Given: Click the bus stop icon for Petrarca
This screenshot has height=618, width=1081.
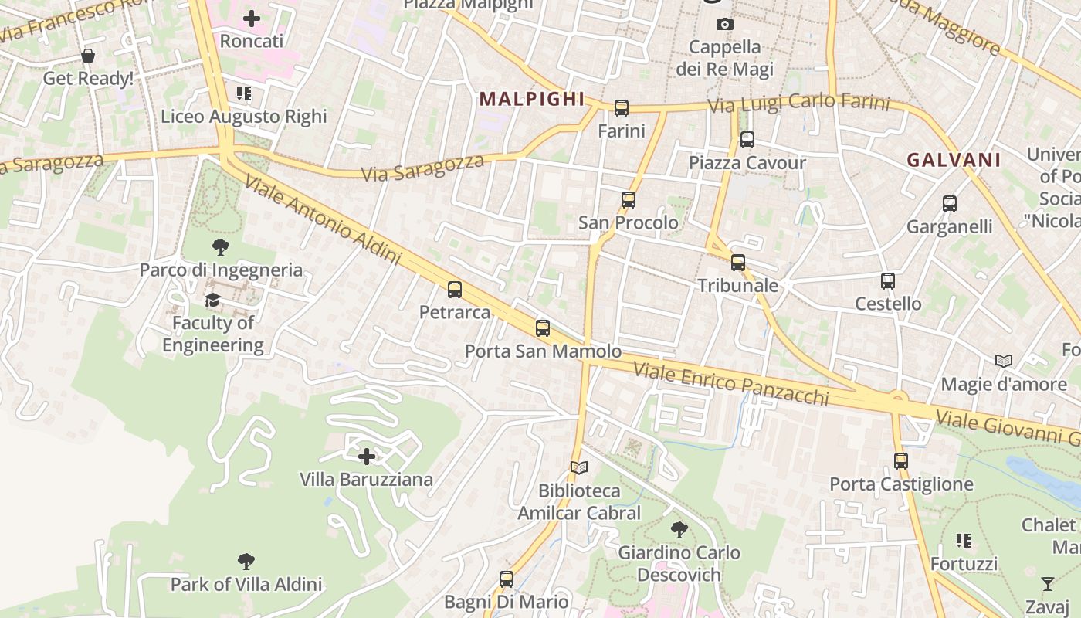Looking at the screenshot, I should tap(455, 290).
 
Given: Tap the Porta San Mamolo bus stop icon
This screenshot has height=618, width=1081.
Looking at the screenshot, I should tap(543, 328).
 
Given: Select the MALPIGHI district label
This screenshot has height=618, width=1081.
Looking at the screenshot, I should tap(532, 99).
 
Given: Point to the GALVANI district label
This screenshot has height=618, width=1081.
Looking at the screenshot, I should tap(954, 160).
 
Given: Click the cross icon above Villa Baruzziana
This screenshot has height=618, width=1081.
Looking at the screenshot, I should tap(367, 457).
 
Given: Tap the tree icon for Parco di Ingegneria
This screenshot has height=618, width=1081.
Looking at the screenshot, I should tap(221, 247).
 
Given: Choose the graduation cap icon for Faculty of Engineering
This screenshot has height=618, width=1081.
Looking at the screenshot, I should tap(213, 300).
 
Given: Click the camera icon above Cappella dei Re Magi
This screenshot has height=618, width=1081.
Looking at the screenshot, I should tap(724, 24).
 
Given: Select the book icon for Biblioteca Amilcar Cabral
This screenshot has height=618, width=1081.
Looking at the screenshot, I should tap(579, 467).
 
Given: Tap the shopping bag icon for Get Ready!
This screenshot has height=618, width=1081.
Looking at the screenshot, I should tap(88, 56).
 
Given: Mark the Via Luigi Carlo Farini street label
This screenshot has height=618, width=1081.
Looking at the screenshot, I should tap(798, 104).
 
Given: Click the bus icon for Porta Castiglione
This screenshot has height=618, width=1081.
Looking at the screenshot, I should tap(901, 461).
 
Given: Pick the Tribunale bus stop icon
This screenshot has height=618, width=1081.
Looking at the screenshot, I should tap(738, 263).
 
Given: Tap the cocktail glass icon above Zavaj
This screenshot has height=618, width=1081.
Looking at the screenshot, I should tap(1048, 583).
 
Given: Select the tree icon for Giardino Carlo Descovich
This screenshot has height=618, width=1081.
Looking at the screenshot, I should tap(679, 530).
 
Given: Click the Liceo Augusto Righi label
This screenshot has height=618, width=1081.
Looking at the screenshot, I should tap(244, 117).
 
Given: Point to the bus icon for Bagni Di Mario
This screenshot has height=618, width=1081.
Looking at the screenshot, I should tap(507, 579).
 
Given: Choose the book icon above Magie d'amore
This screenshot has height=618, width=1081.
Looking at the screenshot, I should tap(1004, 361).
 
